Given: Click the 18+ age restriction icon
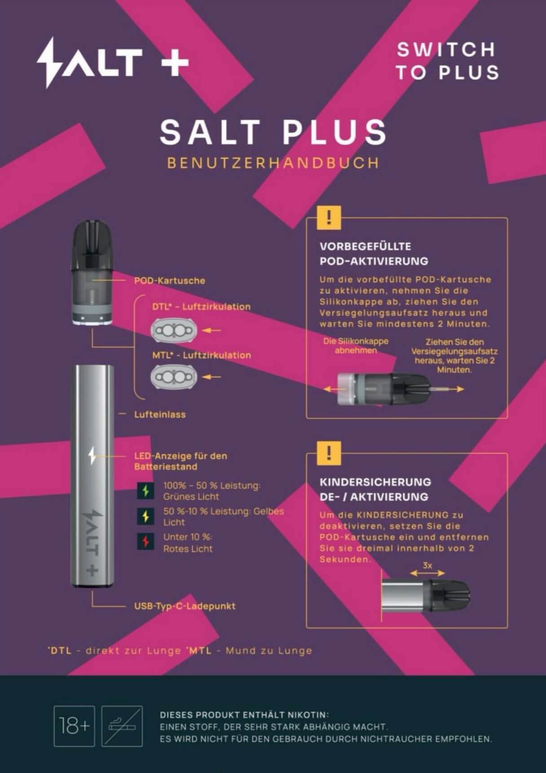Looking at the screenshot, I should click(x=74, y=726).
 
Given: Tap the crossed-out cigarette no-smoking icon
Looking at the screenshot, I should click(x=122, y=726).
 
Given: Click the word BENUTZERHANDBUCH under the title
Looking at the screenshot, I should click(x=273, y=162).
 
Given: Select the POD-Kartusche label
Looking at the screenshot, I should click(x=169, y=281).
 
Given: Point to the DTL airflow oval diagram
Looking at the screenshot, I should click(x=174, y=331).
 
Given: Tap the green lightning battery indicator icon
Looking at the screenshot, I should click(x=145, y=491).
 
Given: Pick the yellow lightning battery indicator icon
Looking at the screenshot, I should click(x=145, y=516).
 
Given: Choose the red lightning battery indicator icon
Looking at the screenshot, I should click(x=145, y=542).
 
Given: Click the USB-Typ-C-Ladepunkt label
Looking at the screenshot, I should click(x=185, y=606).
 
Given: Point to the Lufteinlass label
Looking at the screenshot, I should click(x=160, y=415).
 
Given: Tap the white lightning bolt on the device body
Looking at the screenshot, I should click(x=92, y=456).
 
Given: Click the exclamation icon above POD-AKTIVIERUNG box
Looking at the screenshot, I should click(x=329, y=218).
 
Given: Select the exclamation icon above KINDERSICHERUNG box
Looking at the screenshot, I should click(x=329, y=454).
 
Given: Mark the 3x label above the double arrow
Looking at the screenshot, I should click(x=427, y=565).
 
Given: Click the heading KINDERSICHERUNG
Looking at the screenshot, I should click(x=375, y=482).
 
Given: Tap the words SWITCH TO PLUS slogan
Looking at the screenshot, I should click(x=447, y=61).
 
